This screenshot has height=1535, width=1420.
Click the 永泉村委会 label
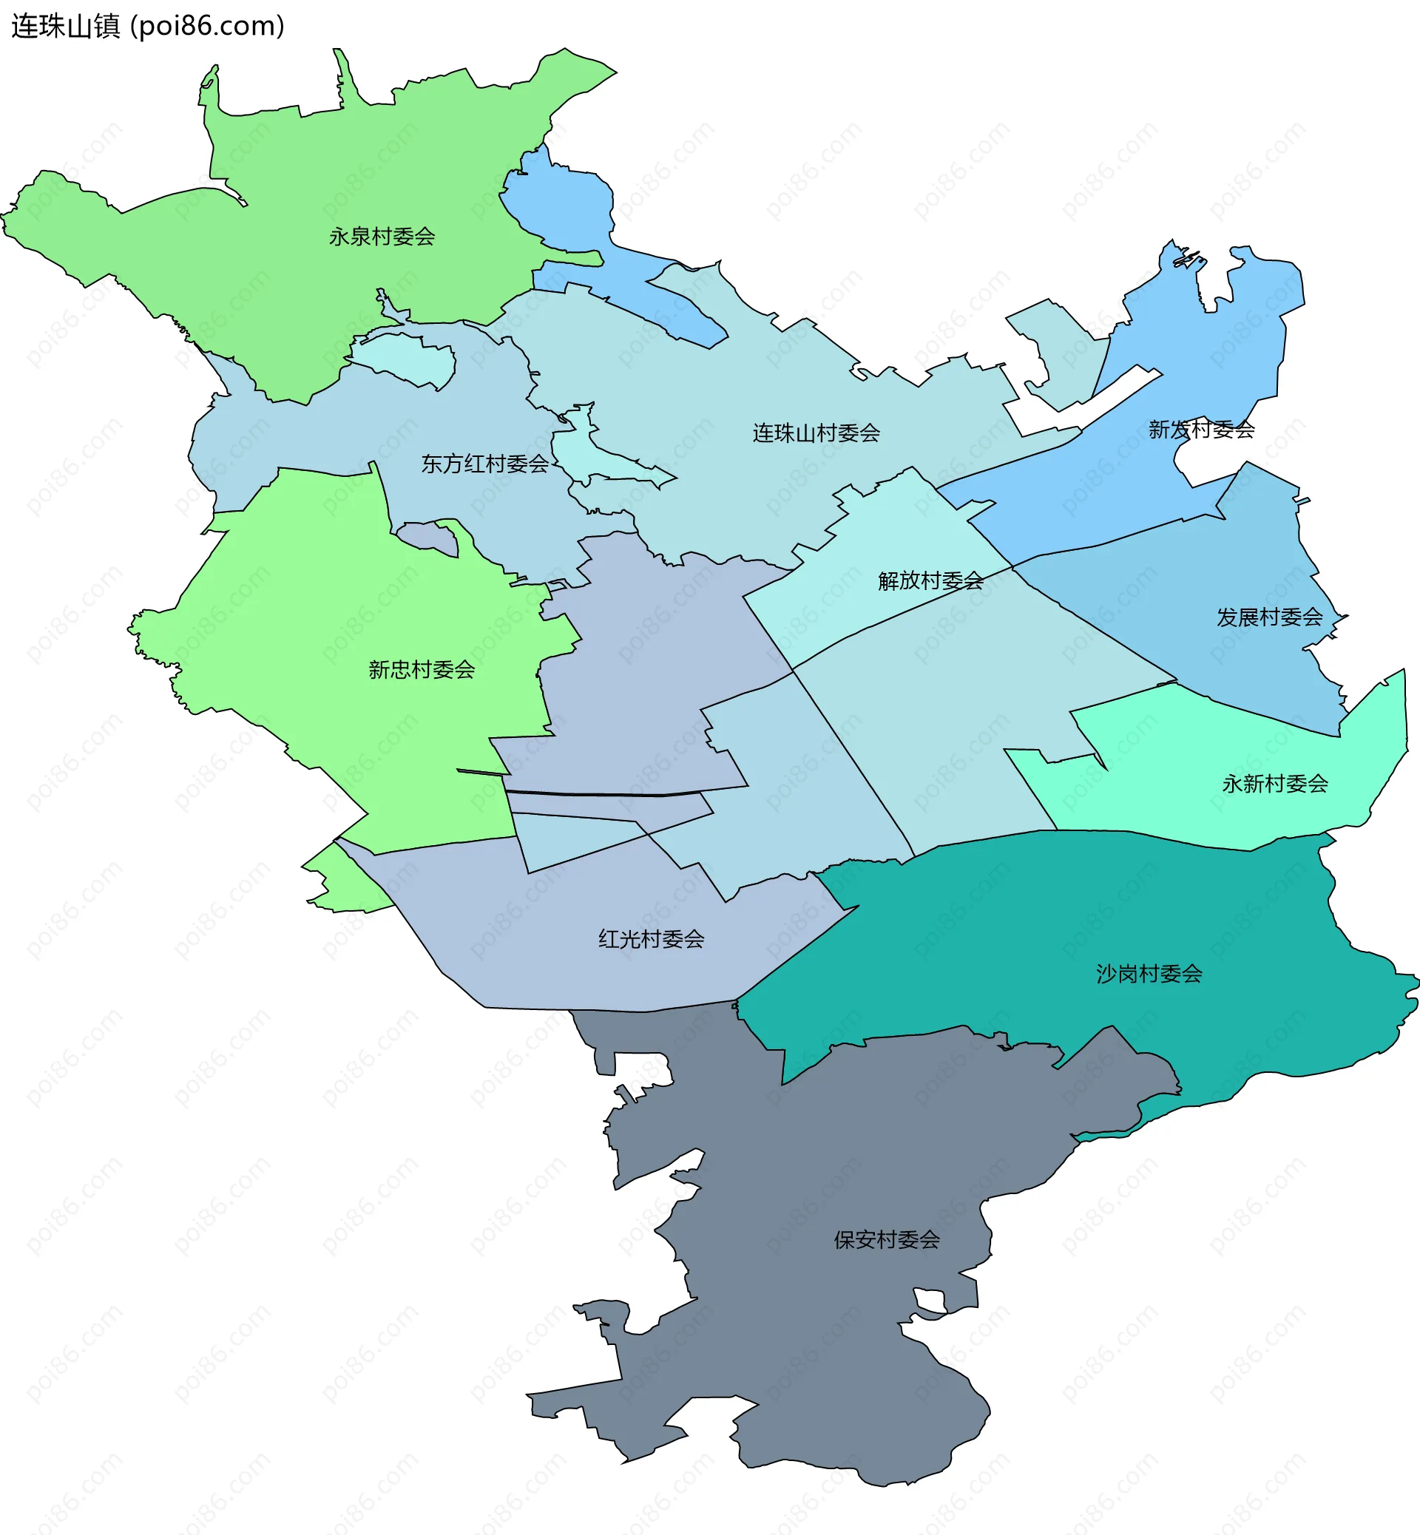(x=382, y=237)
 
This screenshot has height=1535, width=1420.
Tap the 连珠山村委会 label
(x=816, y=433)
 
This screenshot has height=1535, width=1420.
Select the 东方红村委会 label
(x=485, y=464)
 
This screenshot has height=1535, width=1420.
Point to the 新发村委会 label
(x=1201, y=430)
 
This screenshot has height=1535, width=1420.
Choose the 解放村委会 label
(x=930, y=581)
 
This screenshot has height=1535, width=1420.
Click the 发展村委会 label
(x=1268, y=617)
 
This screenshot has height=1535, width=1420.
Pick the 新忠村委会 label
(x=421, y=670)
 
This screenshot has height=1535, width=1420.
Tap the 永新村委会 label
(x=1275, y=784)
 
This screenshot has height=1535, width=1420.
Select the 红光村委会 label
(x=651, y=939)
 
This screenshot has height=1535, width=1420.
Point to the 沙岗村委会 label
(x=1149, y=975)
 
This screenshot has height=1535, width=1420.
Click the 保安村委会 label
(x=887, y=1239)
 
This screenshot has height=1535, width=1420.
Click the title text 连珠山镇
(x=66, y=26)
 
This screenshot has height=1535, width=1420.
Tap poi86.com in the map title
(x=208, y=26)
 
